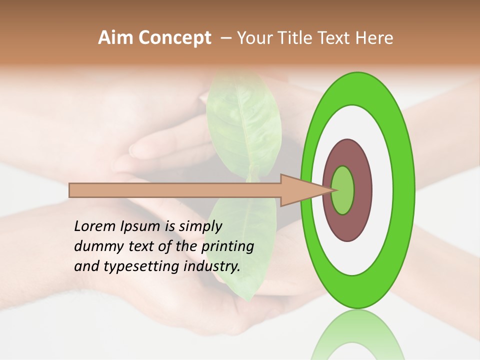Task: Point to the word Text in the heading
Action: point(335,38)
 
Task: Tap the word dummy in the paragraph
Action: point(95,246)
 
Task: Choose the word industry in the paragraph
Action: point(211,267)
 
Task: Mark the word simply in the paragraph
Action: point(200,227)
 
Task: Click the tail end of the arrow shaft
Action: point(70,190)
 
